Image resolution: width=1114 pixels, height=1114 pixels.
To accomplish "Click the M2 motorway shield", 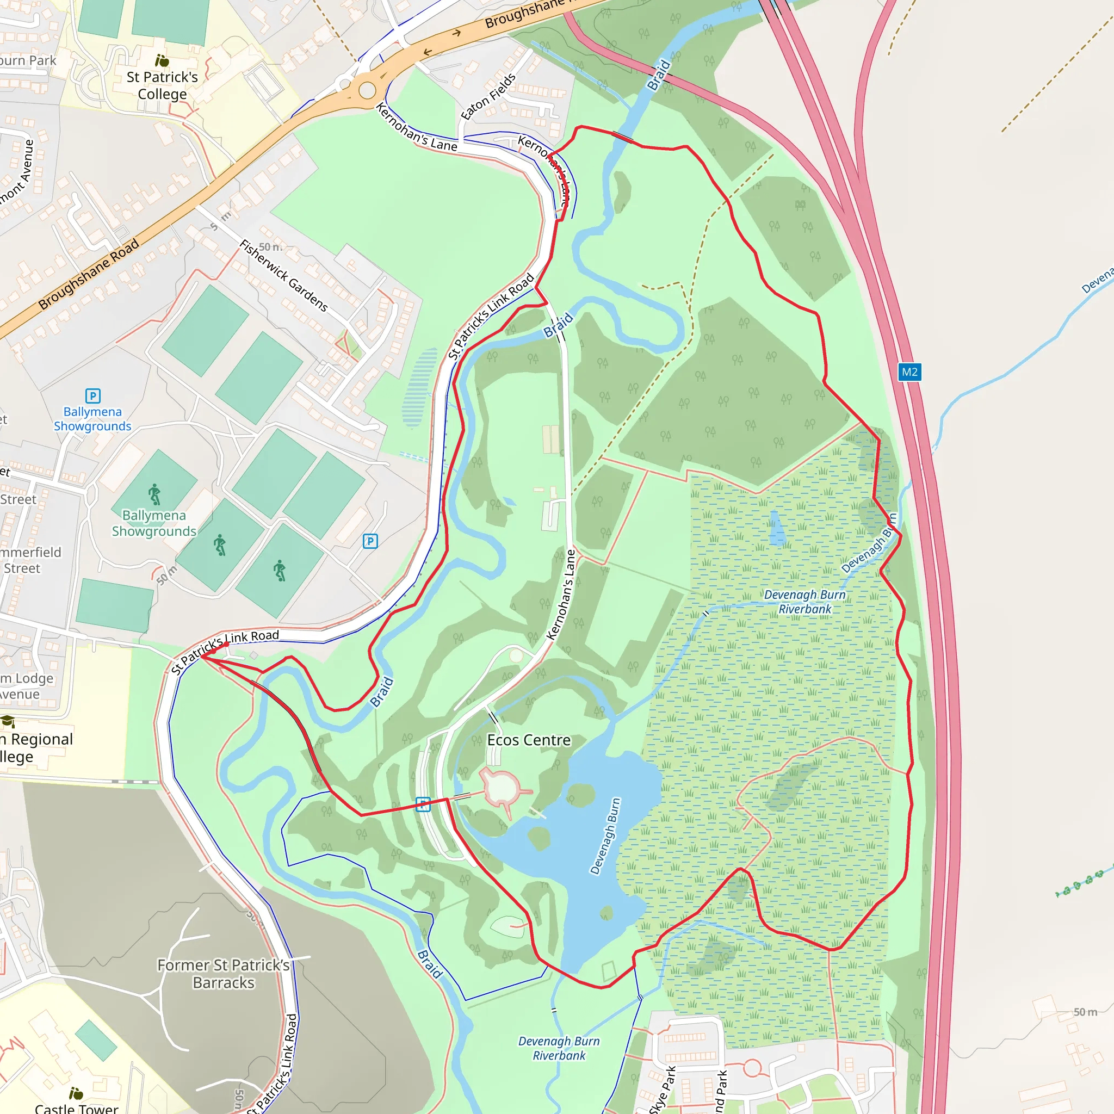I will click(x=909, y=372).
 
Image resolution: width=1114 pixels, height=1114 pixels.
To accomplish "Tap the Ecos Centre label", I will click(x=529, y=740).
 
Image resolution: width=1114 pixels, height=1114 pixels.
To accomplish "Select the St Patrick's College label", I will click(x=162, y=85).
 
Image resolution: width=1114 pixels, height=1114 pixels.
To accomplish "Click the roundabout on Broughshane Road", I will click(x=367, y=90).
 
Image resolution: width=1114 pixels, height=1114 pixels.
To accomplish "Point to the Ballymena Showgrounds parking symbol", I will click(x=93, y=395).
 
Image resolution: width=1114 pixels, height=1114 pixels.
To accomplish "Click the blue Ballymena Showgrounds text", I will click(x=93, y=419).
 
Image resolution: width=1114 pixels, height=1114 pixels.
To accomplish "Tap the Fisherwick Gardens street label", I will click(x=284, y=276).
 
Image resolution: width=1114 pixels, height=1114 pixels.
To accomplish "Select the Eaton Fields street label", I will click(x=488, y=96).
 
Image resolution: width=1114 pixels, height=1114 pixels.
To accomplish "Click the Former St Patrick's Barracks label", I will click(x=224, y=974).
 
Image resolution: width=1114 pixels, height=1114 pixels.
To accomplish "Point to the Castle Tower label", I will click(x=76, y=1108).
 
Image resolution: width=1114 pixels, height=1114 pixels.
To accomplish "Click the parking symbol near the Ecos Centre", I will click(x=423, y=804).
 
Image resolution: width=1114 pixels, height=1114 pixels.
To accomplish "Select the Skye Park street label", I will click(x=662, y=1090).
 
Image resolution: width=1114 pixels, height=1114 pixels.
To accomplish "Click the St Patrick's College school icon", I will click(x=162, y=60).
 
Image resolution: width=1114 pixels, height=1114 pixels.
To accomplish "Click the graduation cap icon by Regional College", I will click(x=8, y=721).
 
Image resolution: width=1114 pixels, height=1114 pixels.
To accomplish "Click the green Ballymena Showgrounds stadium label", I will click(x=154, y=523).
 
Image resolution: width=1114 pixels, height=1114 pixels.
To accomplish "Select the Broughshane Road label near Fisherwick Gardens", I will click(x=89, y=274).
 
